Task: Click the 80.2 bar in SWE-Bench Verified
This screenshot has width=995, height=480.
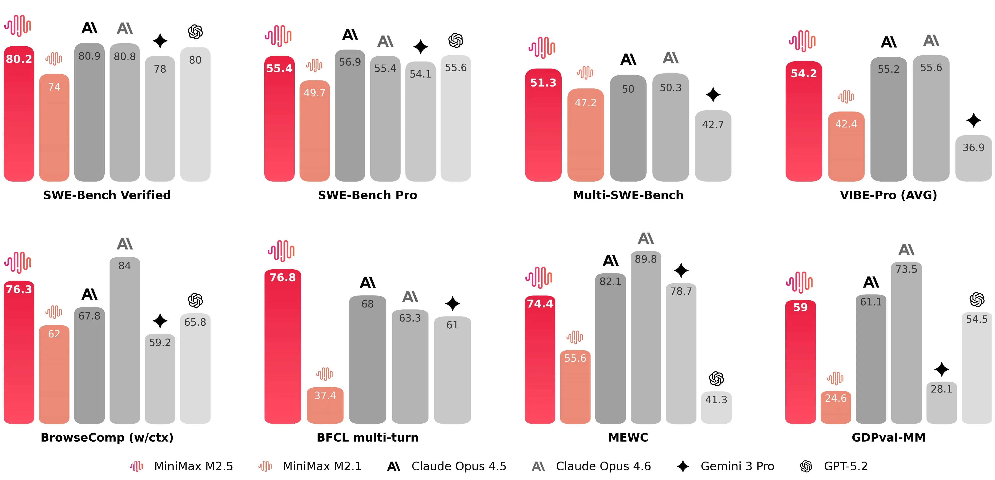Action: [x=19, y=116]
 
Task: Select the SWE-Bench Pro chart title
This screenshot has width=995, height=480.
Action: [x=367, y=195]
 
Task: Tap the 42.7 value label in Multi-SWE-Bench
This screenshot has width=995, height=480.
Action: [x=713, y=124]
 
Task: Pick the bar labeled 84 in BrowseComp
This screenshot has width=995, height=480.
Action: [x=124, y=340]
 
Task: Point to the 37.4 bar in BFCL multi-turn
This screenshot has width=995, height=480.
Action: [x=325, y=406]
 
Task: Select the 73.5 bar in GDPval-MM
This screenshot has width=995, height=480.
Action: [x=906, y=344]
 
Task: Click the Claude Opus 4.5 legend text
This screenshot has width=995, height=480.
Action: [x=458, y=466]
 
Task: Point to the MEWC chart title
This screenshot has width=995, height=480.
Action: [x=628, y=437]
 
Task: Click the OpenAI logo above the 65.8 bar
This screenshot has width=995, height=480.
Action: [x=195, y=300]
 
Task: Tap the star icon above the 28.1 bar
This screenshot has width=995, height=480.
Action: [x=941, y=369]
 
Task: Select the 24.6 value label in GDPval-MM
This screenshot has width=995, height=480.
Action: [x=835, y=398]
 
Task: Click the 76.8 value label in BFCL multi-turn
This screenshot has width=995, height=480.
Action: [x=282, y=278]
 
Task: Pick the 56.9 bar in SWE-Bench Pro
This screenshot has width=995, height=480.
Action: [x=350, y=116]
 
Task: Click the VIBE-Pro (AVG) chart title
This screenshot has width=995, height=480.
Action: [x=888, y=195]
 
